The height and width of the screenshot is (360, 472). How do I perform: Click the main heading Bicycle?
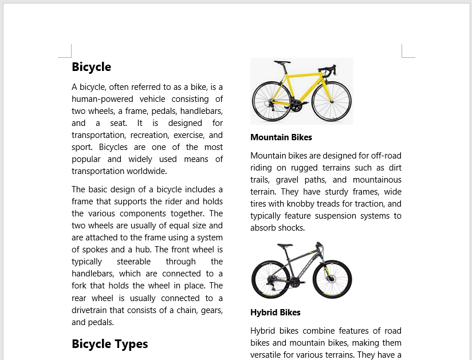[x=91, y=67]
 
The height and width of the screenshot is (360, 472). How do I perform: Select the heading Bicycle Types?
[x=109, y=344]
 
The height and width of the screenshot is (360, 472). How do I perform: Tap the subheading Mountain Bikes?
[x=281, y=137]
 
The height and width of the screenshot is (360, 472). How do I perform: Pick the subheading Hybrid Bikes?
[x=275, y=312]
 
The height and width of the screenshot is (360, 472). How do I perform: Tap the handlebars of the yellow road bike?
[x=327, y=71]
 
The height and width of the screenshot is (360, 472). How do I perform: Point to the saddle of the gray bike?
[x=285, y=245]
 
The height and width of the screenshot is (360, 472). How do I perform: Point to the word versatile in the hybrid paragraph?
[x=270, y=355]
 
